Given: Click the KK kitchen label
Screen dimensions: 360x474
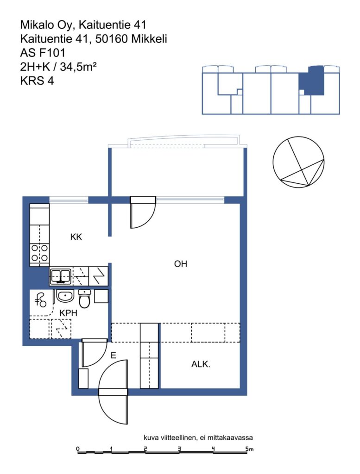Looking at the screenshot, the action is (x=76, y=237).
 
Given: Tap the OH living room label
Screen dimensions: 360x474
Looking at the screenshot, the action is (x=181, y=264).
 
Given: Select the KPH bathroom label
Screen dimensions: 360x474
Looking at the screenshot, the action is (x=69, y=313).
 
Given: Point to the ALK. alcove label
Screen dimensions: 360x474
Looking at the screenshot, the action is (x=201, y=364).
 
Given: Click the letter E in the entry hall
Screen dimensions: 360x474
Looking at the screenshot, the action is (x=114, y=355).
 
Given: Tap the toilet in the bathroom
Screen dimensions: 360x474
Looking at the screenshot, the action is (x=84, y=298).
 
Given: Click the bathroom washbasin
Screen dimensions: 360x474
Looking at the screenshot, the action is (x=65, y=296).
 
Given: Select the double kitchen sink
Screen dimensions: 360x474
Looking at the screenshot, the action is (x=61, y=276).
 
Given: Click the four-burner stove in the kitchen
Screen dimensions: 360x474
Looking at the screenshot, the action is (x=40, y=253).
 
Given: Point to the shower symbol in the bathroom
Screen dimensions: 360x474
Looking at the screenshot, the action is (x=41, y=300).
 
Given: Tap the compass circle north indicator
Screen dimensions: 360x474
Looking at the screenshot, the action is (x=298, y=162).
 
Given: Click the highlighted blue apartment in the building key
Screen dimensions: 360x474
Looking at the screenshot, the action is (x=312, y=81).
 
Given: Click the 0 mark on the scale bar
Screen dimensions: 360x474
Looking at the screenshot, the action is (x=78, y=449).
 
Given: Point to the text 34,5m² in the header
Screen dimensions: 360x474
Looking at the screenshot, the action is (x=78, y=67).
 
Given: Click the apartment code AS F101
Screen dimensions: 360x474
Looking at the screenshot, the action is (x=43, y=53).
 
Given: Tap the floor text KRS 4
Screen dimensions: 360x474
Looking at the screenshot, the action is (x=37, y=81).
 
